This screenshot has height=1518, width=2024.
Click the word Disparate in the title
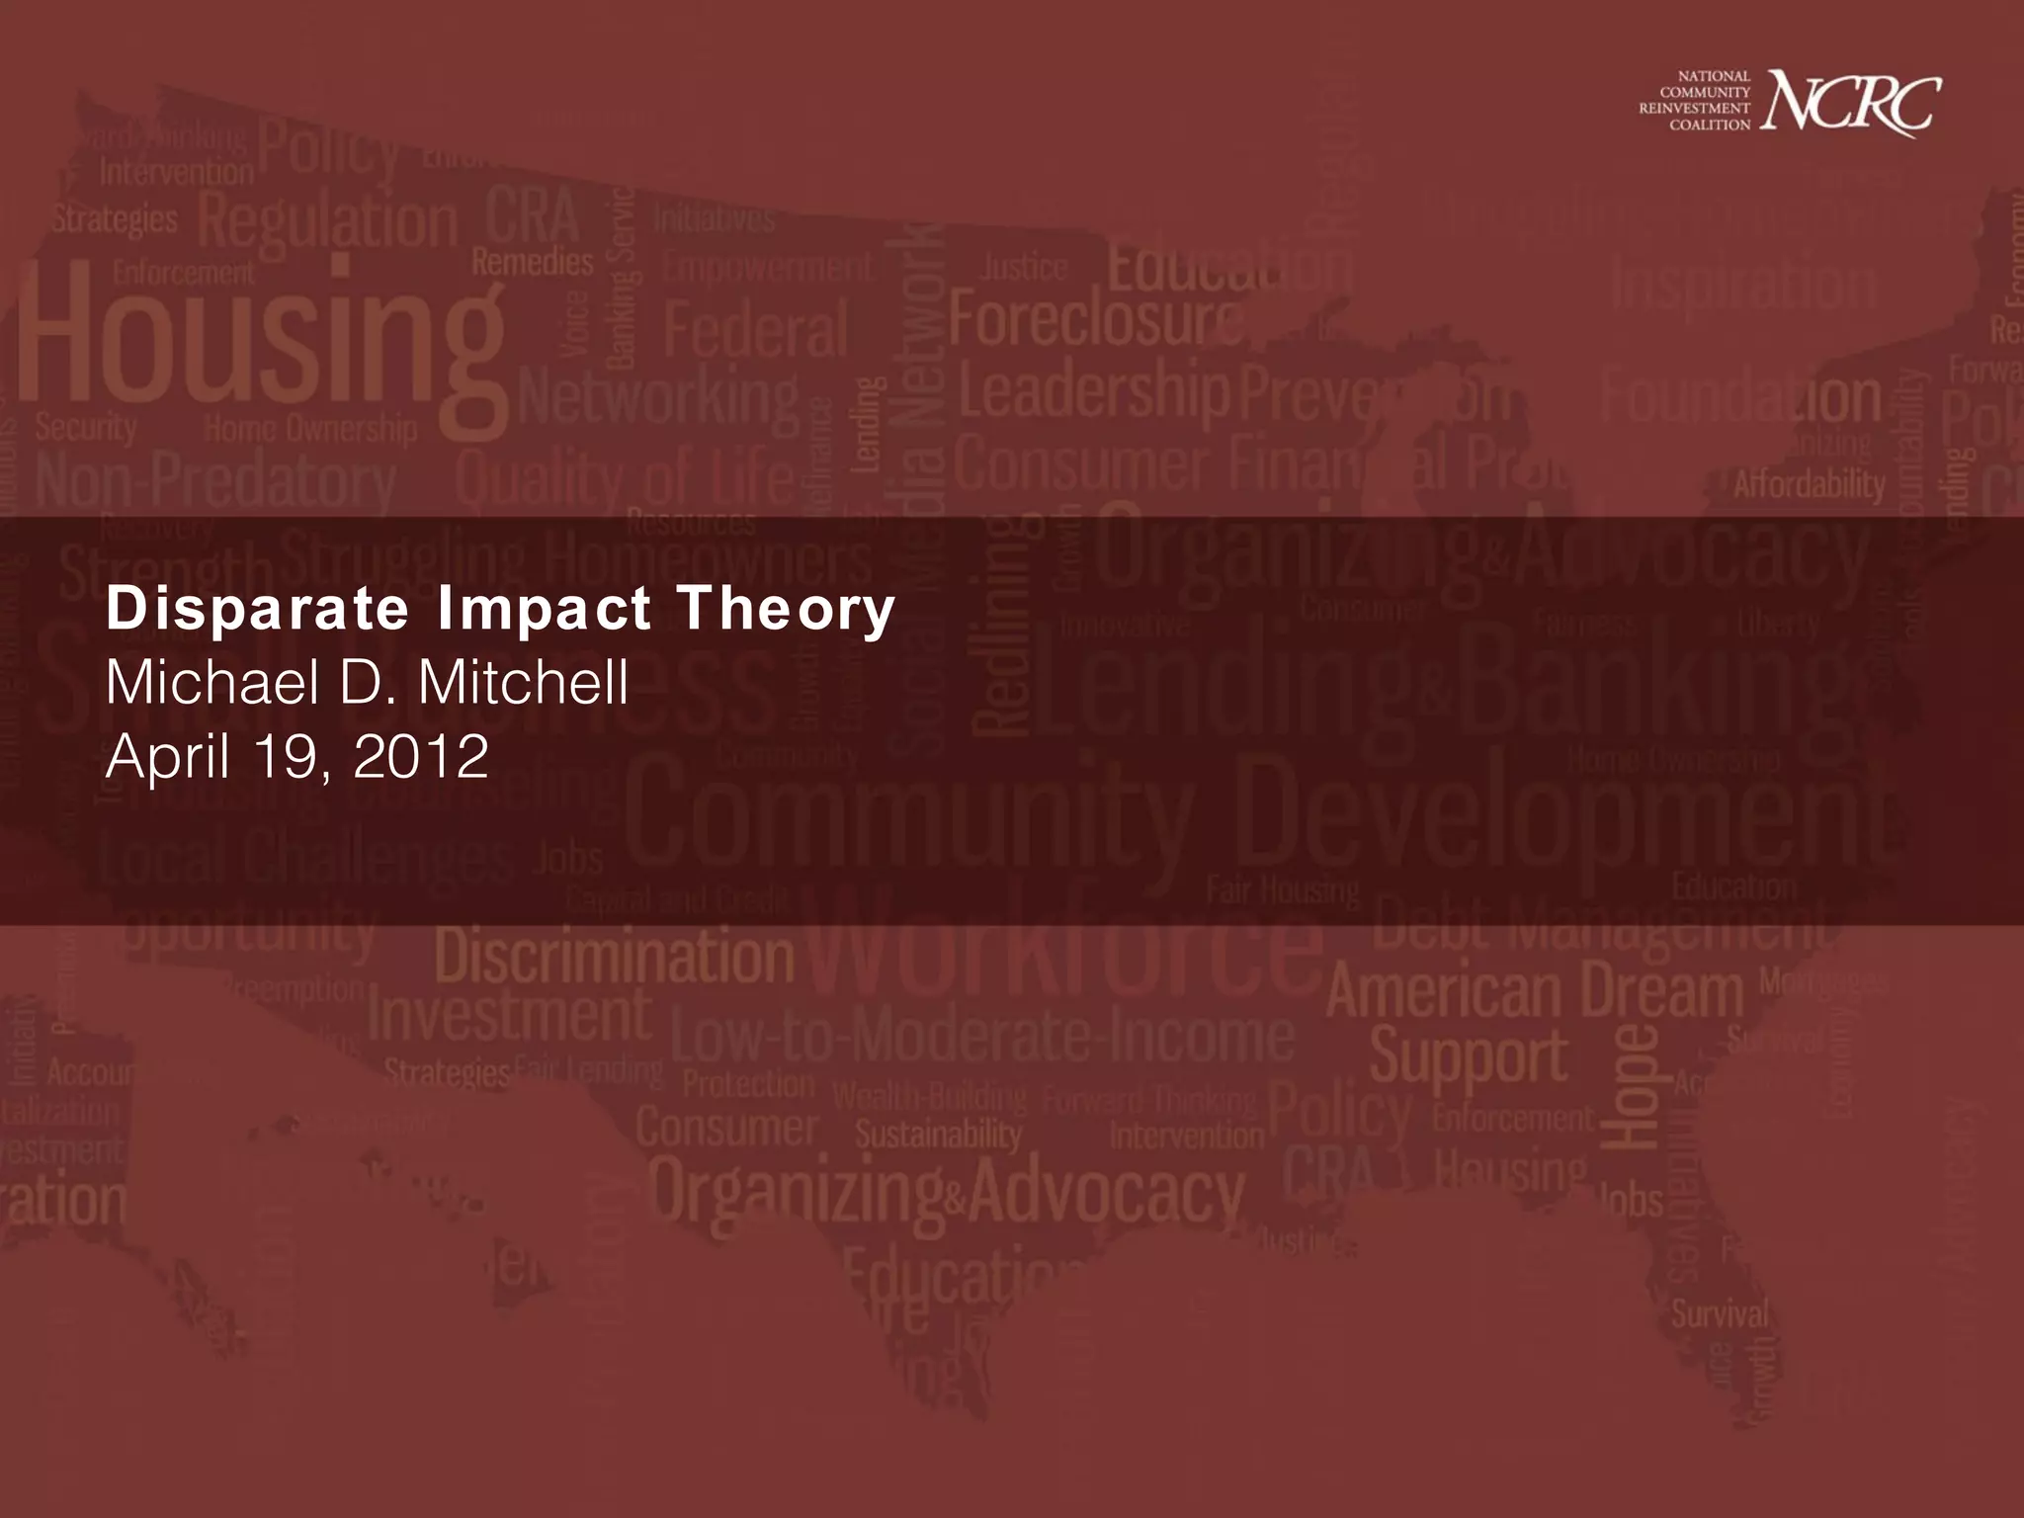click(x=257, y=608)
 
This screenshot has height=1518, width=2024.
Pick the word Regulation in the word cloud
click(x=329, y=223)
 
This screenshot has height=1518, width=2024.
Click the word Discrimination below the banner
click(x=614, y=958)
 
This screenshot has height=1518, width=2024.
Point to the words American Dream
click(x=1535, y=991)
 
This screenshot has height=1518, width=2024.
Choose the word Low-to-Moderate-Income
click(x=982, y=1036)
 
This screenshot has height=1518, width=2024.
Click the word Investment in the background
click(x=509, y=1015)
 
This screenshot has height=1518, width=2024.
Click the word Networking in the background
click(x=658, y=399)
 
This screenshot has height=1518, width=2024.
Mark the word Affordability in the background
click(x=1810, y=484)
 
